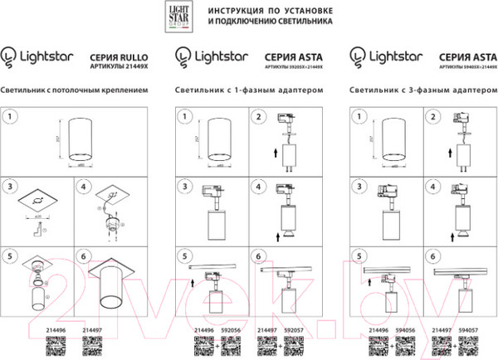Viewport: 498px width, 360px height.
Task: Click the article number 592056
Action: click(230, 329)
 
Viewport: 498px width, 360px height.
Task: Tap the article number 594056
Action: click(408, 329)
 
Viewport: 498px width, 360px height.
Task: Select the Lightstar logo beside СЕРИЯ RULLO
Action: click(37, 56)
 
